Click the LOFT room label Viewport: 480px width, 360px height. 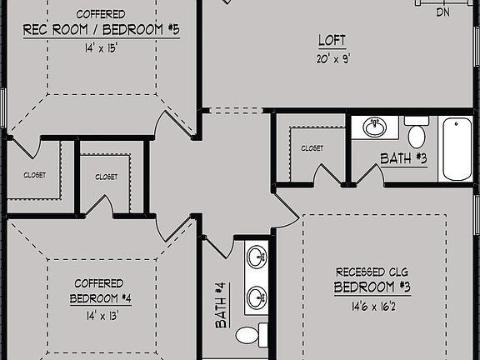(x=331, y=40)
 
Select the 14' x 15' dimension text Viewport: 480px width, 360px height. (x=101, y=48)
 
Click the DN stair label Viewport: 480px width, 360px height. (x=444, y=12)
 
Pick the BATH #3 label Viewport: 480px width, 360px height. (x=403, y=157)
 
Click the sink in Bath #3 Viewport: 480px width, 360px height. (x=375, y=127)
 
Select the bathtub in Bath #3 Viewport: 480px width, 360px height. (x=456, y=149)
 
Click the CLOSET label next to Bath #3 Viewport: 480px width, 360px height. (x=312, y=148)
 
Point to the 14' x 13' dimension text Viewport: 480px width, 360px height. (x=101, y=316)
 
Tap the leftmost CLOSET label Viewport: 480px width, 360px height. (x=34, y=175)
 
